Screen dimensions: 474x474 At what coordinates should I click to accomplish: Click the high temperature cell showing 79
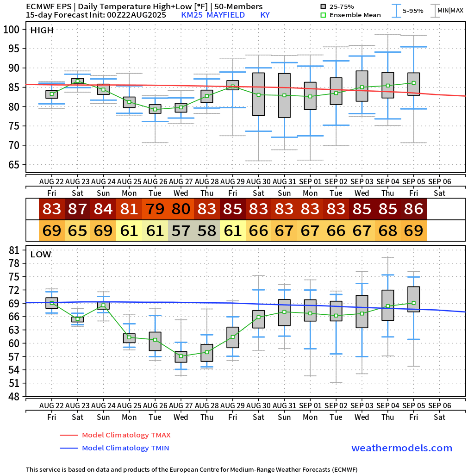click(x=156, y=209)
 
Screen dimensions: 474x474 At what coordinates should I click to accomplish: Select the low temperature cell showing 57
click(x=181, y=230)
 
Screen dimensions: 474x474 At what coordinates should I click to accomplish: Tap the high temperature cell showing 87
click(x=78, y=209)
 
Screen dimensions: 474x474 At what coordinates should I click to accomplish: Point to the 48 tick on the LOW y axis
click(x=14, y=396)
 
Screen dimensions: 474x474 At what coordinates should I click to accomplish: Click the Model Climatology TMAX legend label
click(x=126, y=435)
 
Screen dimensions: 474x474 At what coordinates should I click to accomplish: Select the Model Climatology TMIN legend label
click(x=125, y=448)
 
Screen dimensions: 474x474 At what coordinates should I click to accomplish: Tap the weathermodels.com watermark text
click(x=402, y=448)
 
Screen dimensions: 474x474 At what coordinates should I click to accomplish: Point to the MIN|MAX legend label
click(x=450, y=10)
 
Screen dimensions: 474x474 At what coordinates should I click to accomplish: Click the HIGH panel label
click(x=42, y=31)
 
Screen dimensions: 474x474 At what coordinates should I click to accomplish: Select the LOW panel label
click(x=41, y=254)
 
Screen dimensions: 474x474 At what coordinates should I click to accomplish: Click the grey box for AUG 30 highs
click(x=259, y=94)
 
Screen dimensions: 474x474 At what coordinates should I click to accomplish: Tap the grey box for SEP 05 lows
click(x=414, y=299)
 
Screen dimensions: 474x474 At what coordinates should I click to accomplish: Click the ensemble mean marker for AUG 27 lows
click(x=181, y=356)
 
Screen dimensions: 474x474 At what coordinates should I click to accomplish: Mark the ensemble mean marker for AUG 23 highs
click(x=78, y=81)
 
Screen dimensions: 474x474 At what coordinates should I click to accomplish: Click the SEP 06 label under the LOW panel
click(x=439, y=405)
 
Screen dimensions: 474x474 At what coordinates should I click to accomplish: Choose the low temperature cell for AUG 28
click(x=207, y=230)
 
